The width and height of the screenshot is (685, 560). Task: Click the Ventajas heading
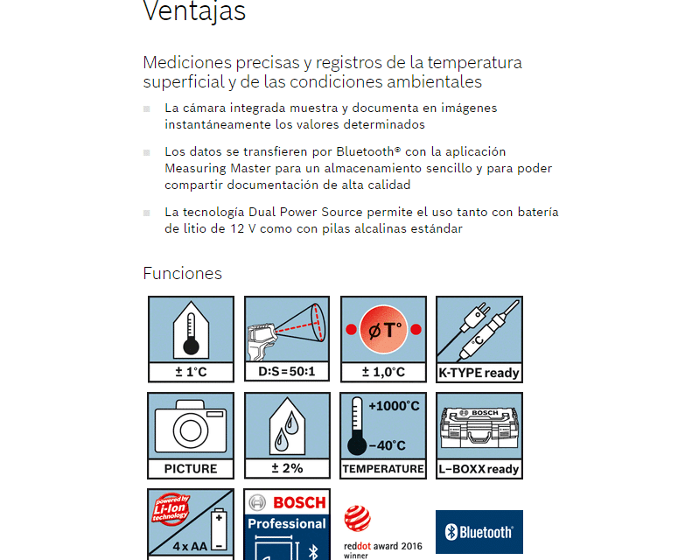193,11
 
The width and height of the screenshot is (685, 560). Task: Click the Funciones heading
182,274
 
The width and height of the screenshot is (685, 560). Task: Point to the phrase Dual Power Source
299,212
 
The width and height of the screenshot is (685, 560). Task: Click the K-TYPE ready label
479,373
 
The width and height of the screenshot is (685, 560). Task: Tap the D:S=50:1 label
287,373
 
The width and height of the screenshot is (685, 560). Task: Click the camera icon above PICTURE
191,425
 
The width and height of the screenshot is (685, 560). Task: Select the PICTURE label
191,469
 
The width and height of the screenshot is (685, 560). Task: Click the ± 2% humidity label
287,469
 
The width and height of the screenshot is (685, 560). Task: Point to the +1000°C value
394,406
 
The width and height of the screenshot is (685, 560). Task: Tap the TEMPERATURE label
383,469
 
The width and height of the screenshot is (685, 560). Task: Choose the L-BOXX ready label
479,469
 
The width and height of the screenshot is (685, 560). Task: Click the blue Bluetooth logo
479,532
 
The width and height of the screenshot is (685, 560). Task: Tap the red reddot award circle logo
357,519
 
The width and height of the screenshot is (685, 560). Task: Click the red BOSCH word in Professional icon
299,503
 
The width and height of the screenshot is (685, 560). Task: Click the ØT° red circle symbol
383,330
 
